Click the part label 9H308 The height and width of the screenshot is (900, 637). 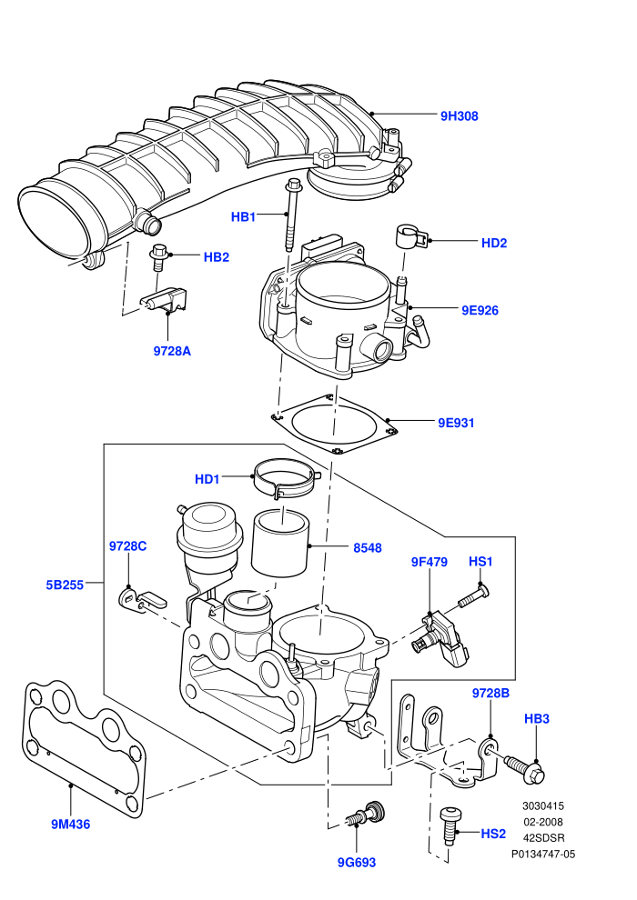tap(459, 116)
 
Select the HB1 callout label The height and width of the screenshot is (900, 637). tap(243, 217)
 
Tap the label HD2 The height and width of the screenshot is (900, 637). tap(494, 244)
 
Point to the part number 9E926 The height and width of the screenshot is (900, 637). tap(480, 311)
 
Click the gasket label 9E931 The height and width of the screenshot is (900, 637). tap(456, 423)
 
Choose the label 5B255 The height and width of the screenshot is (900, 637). tap(65, 585)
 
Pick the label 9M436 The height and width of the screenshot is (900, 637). tap(71, 825)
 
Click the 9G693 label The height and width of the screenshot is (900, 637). tap(356, 862)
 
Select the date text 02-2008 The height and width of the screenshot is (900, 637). tap(542, 822)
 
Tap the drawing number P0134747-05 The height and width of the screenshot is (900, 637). tap(542, 854)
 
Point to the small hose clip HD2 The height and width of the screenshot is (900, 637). tap(411, 237)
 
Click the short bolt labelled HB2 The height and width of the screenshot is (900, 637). tap(158, 257)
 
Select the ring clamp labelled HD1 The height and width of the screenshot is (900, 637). tap(286, 478)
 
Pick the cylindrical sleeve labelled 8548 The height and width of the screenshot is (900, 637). tap(280, 543)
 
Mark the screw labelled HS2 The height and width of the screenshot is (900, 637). tap(449, 825)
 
